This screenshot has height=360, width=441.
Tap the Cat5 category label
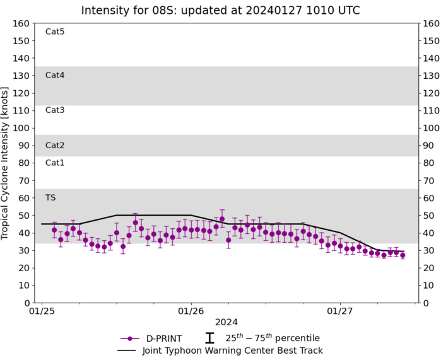click(55, 32)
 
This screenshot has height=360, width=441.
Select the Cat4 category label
click(55, 75)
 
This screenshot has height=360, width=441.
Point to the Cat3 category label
click(55, 110)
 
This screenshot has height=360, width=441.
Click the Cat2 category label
click(55, 145)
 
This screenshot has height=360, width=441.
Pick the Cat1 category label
click(55, 163)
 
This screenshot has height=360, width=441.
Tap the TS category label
click(50, 197)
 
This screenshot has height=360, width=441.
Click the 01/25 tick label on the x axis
click(42, 311)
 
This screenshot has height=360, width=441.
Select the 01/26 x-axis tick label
click(191, 311)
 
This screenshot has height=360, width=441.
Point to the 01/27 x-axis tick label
click(340, 311)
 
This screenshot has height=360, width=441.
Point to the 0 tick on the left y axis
click(26, 303)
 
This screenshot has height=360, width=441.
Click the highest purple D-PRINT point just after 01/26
click(222, 219)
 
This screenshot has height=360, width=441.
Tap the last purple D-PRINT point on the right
click(403, 255)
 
